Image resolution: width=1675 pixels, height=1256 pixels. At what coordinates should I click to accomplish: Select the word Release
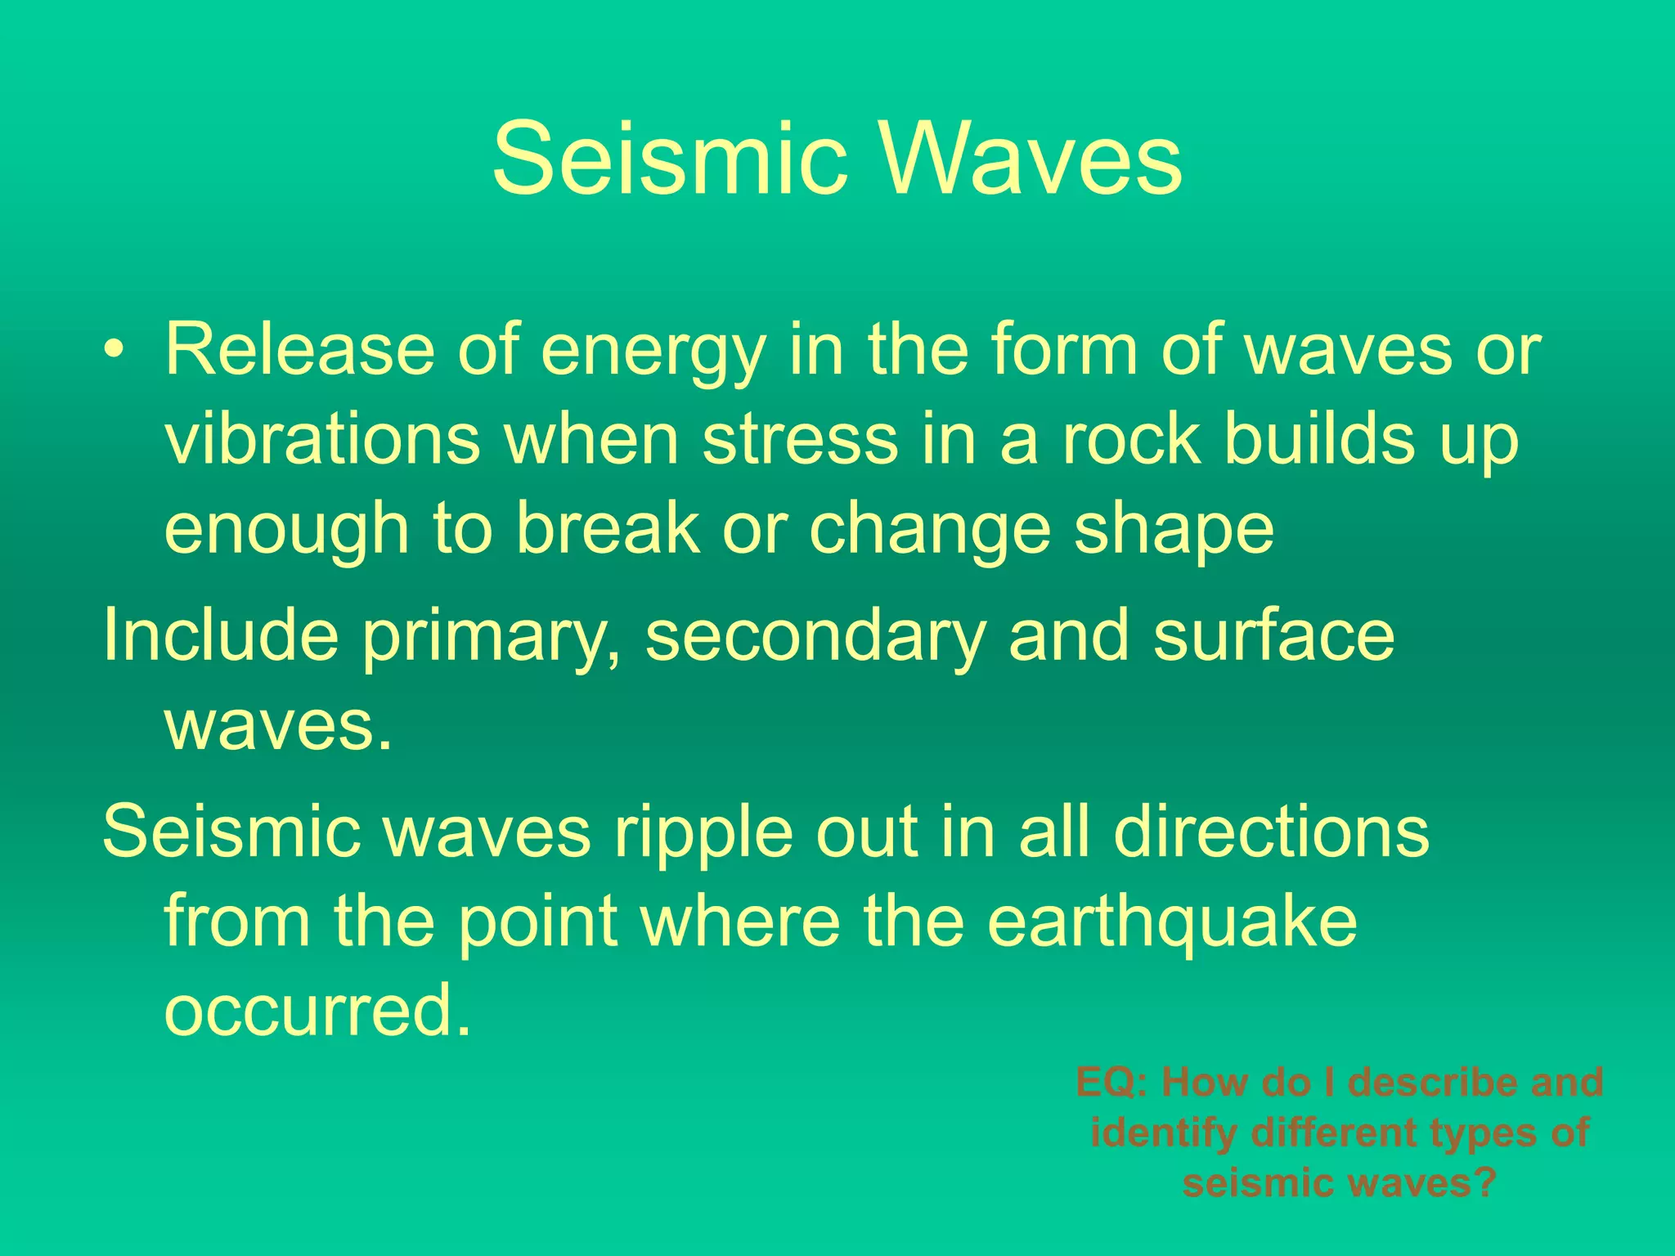click(299, 349)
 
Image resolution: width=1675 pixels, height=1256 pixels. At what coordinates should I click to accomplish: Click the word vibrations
click(322, 439)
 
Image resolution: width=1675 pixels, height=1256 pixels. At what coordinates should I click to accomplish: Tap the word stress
click(800, 439)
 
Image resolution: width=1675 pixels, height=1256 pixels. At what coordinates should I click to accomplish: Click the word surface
click(1273, 635)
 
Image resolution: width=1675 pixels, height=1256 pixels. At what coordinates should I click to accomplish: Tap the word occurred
click(317, 1009)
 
